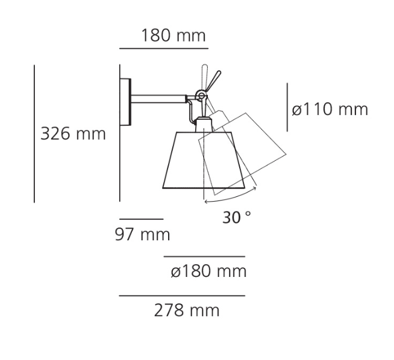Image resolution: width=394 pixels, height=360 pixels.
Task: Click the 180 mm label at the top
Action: [173, 36]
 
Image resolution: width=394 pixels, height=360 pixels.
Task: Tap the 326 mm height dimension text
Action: [72, 134]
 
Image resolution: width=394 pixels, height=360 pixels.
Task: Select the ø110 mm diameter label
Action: [330, 110]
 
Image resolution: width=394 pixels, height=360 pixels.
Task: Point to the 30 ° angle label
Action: [237, 217]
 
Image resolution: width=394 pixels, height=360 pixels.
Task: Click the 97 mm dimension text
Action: [142, 234]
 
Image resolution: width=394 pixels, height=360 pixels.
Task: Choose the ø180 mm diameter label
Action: [208, 272]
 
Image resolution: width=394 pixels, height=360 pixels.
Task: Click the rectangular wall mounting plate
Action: [125, 102]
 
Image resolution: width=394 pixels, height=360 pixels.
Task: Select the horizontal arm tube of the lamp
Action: [160, 98]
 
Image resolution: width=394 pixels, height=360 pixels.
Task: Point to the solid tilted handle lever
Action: [213, 82]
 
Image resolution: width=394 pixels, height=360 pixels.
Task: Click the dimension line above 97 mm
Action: [142, 219]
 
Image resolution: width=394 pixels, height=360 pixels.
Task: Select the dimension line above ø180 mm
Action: [205, 256]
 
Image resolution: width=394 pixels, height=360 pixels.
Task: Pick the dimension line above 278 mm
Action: [182, 296]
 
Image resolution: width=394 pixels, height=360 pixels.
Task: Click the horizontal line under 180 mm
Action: [164, 47]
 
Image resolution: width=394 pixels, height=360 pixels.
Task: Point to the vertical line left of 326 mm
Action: [34, 134]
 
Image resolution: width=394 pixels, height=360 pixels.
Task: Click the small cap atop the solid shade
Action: [203, 125]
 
